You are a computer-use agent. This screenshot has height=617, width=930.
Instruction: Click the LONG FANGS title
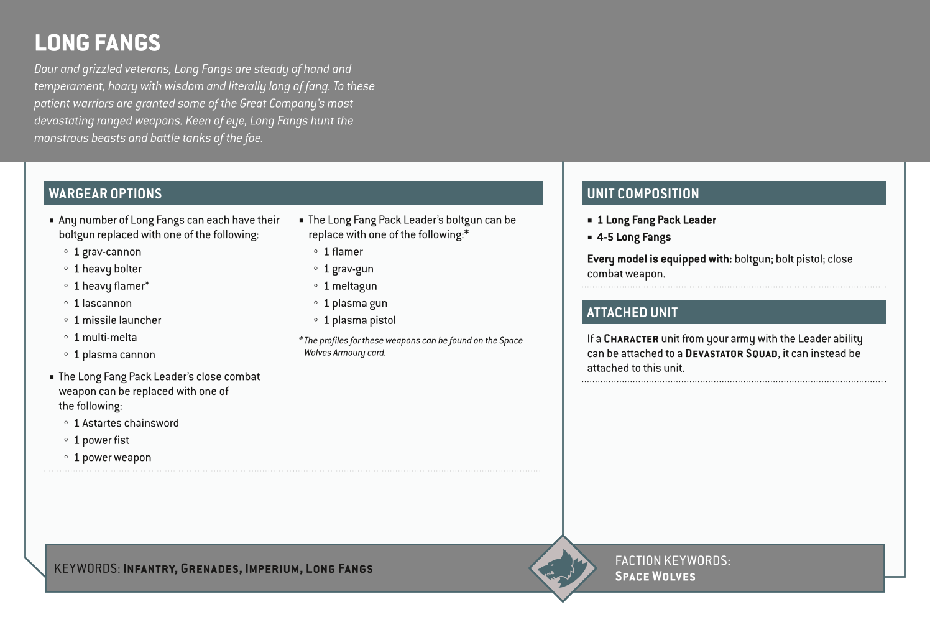point(98,43)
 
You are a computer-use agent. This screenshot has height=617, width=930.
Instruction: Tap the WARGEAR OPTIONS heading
point(105,193)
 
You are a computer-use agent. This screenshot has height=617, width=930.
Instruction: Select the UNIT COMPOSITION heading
point(643,193)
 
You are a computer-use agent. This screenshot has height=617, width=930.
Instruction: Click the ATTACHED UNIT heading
point(632,312)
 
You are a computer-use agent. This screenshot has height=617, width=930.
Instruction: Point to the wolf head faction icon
point(563,568)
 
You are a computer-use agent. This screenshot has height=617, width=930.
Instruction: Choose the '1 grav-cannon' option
point(108,252)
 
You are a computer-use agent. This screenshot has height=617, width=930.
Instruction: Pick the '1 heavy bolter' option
point(108,269)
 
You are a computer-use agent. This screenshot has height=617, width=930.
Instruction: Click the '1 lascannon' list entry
point(103,304)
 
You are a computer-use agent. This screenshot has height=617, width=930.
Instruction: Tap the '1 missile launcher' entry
point(117,320)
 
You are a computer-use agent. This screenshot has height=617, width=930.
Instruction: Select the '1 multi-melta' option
point(105,338)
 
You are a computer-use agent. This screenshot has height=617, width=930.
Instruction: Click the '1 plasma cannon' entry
point(114,355)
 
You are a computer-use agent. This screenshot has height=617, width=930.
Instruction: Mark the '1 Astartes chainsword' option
point(126,423)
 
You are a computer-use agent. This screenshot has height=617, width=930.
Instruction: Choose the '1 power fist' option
point(101,440)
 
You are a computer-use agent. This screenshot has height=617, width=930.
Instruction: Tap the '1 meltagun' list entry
point(350,286)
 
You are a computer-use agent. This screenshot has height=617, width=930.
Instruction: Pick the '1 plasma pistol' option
point(359,320)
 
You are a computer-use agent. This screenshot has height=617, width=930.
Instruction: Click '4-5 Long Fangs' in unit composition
point(633,237)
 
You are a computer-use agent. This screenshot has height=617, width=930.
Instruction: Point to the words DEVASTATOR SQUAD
point(731,354)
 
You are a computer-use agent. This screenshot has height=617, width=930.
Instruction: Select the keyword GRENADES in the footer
point(210,569)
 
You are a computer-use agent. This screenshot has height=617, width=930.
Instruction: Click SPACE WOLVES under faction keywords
point(655,577)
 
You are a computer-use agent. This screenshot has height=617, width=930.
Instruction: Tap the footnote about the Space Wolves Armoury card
point(410,346)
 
